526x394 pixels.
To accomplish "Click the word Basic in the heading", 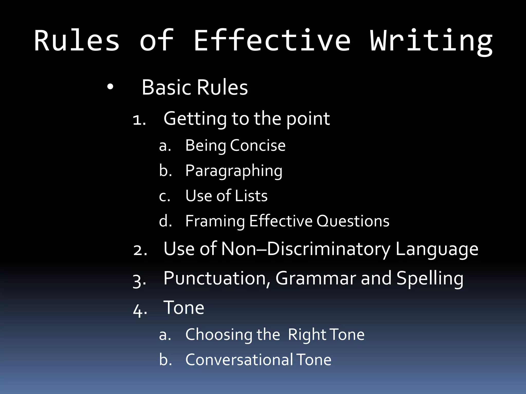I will point(167,87).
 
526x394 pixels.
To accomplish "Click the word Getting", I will point(195,119).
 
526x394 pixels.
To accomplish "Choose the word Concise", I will point(258,145).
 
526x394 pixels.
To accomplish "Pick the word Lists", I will point(251,196).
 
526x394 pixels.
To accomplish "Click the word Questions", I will point(353,221).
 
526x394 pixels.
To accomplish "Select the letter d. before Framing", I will point(165,221).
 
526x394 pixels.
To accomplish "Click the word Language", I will point(437,249).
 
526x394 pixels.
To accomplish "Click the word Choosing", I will point(219,335).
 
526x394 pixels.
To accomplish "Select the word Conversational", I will point(239,360).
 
